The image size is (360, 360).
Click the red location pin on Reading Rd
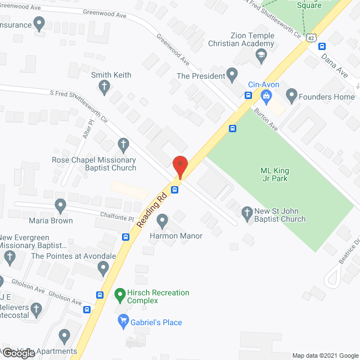tap(180, 167)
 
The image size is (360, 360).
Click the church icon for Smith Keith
tap(104, 87)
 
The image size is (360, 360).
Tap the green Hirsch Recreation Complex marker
tap(119, 293)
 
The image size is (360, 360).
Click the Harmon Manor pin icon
tap(163, 220)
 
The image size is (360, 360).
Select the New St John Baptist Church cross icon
tap(246, 213)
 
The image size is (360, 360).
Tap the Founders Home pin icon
tap(291, 95)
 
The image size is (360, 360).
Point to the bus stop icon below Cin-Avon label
tap(248, 95)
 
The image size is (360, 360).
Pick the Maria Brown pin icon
tap(60, 205)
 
